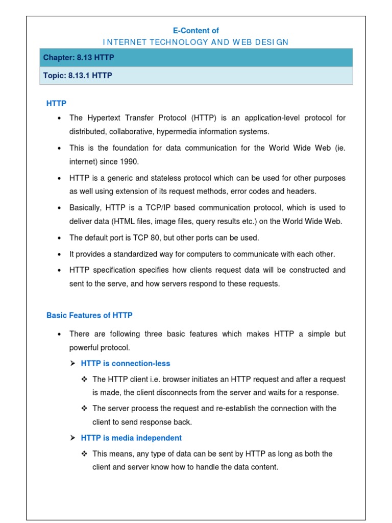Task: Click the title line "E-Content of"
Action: click(x=197, y=31)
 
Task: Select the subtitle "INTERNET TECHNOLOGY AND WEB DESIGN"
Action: click(x=196, y=42)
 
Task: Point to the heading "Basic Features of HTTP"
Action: click(x=89, y=315)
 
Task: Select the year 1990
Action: click(x=128, y=161)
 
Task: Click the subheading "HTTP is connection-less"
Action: click(x=126, y=363)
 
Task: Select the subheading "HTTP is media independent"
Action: click(x=131, y=438)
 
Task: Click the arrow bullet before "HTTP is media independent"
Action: click(x=72, y=438)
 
